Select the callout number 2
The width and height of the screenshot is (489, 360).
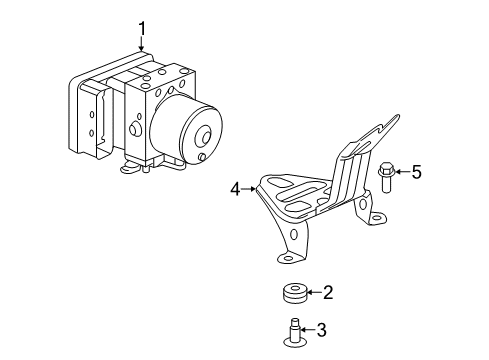327,293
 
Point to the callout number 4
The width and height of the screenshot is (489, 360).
235,187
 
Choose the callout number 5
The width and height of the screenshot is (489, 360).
417,173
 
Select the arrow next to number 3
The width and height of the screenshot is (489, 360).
306,329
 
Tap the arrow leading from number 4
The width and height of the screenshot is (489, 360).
250,187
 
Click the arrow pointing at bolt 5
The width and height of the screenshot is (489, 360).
402,173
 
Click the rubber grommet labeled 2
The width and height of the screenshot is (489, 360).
293,294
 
